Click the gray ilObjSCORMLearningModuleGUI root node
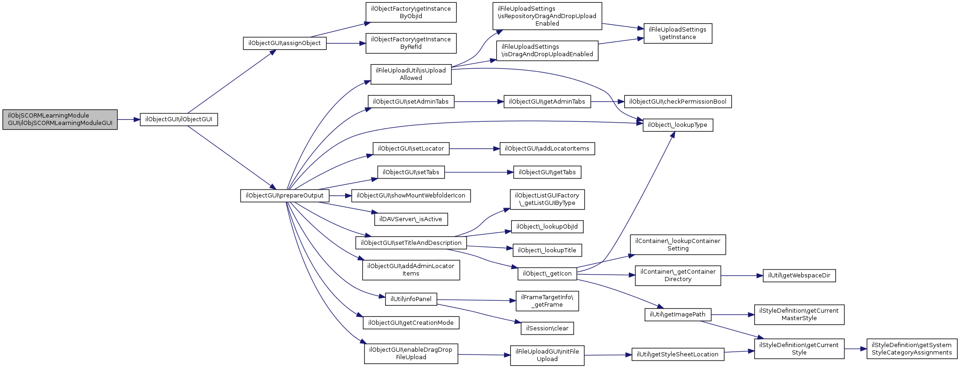pos(60,119)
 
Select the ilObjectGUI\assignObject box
pos(285,43)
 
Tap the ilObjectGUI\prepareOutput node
pos(285,196)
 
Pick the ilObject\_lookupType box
pos(678,125)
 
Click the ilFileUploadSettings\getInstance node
pos(678,33)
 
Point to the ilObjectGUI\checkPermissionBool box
pos(678,102)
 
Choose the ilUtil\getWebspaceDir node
pos(799,276)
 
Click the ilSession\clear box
pos(547,329)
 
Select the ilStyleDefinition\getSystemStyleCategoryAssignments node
pos(912,349)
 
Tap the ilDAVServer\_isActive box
pos(411,219)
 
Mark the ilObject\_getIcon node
pos(547,274)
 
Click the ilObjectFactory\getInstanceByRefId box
pos(411,43)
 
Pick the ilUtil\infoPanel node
pos(411,299)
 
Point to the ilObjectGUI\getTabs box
pos(547,172)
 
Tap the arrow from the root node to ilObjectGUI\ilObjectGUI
pos(129,119)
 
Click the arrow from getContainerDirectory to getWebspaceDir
pos(742,276)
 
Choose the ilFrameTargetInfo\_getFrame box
pos(547,301)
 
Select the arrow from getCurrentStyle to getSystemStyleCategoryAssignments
pos(856,349)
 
